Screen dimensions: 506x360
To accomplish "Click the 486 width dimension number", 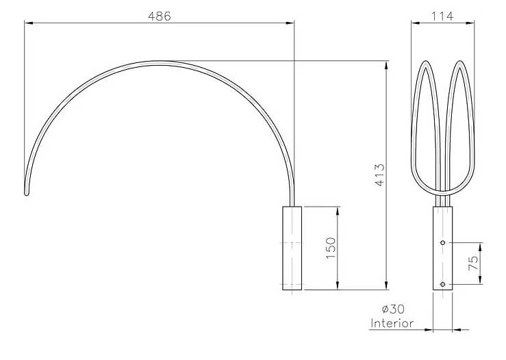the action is pos(159,16).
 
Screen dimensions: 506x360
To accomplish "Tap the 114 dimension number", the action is pos(442,16).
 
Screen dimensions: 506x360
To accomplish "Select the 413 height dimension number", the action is pos(380,175).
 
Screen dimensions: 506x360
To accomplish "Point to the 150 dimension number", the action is pos(331,248).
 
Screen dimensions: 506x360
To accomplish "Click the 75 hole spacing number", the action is pos(472,263).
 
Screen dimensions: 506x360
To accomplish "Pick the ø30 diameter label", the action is pos(393,309).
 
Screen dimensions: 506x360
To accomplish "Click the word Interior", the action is pos(392,323).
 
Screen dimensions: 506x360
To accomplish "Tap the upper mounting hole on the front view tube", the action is pos(443,242).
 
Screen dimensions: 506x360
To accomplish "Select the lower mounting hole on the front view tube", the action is pos(443,284).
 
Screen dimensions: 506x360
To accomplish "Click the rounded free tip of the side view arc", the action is pos(27,194).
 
